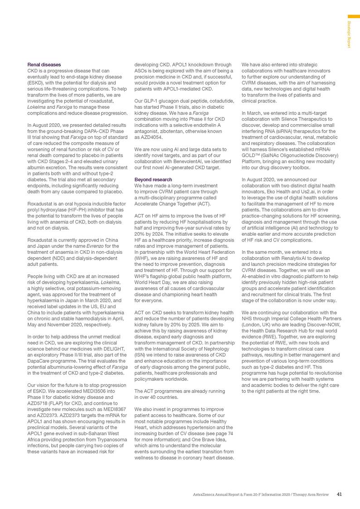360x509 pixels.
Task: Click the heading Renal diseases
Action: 44,65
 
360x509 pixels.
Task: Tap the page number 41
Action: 340,494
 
